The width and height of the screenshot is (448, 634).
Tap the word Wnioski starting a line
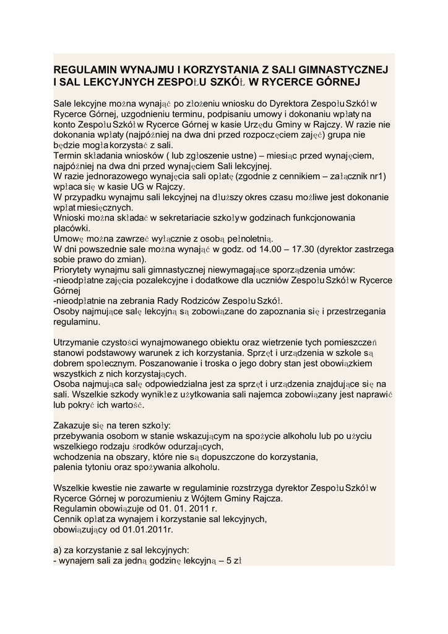coord(71,218)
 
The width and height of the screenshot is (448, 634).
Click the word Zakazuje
coord(74,426)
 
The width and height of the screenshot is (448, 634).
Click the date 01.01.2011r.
coord(149,530)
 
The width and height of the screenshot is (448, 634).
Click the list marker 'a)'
coord(59,550)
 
